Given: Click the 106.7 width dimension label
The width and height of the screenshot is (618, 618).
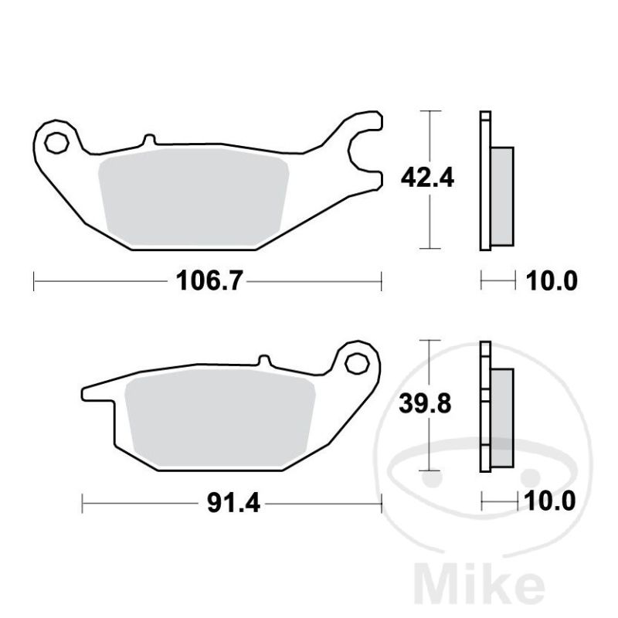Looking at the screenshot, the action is (x=208, y=281).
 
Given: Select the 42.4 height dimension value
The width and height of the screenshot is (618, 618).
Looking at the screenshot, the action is (x=427, y=178).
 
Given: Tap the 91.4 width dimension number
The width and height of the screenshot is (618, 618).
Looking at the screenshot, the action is (x=234, y=504).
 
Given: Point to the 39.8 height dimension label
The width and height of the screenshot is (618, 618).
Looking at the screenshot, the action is (x=425, y=403).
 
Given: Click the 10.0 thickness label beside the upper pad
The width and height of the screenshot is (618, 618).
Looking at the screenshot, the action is (x=552, y=281).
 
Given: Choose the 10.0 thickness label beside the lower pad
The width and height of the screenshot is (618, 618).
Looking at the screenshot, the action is (x=549, y=501).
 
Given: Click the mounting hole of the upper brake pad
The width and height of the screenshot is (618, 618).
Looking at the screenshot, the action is (x=56, y=143).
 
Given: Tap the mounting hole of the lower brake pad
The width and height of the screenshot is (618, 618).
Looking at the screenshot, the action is (x=357, y=363).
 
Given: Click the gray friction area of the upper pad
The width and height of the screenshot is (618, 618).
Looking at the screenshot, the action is (x=194, y=197).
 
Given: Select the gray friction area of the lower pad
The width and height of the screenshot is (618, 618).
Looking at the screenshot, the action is (x=220, y=418).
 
